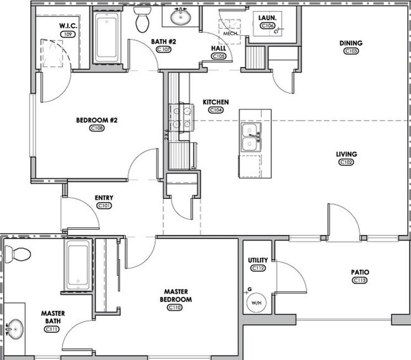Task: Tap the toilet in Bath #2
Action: coord(142,20)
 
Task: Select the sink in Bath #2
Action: coord(181,17)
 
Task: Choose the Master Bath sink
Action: coord(14,328)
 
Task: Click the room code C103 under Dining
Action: coord(351,51)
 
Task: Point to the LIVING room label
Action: coord(347,154)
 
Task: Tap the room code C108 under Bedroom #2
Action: coord(97,128)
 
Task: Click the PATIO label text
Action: coord(360,272)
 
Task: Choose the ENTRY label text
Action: coord(104,198)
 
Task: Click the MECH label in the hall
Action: coord(230,33)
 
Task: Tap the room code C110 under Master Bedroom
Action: coord(175,308)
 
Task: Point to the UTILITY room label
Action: coord(258,260)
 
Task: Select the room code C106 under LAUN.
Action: coord(267,26)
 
